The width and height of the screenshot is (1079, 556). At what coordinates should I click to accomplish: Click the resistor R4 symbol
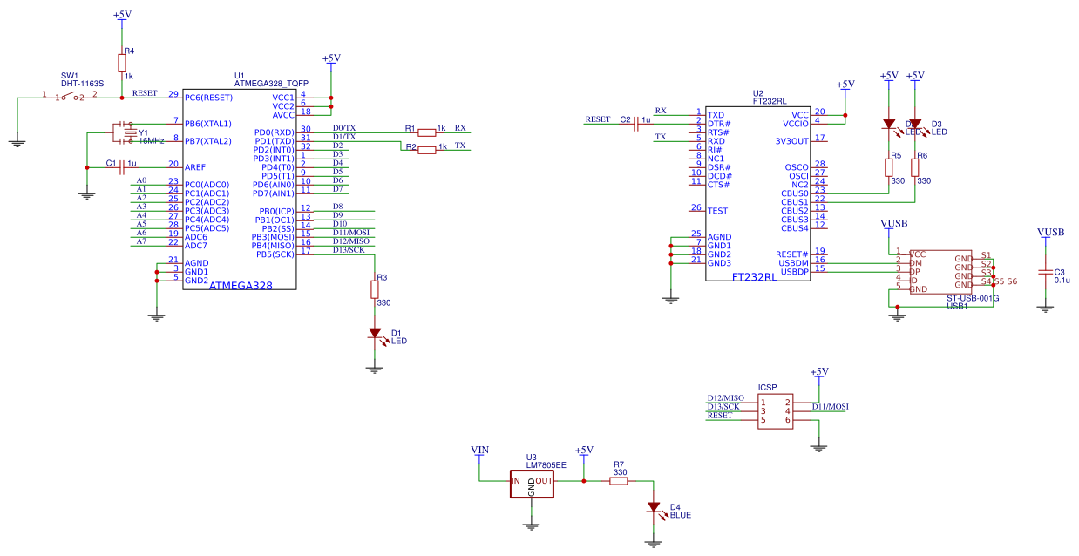[x=122, y=62]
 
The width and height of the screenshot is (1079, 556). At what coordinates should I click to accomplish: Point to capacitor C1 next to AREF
[x=122, y=166]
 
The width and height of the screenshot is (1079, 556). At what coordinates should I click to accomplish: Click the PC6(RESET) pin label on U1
[x=208, y=97]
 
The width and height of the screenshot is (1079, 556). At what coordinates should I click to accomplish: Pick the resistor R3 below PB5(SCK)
[x=375, y=288]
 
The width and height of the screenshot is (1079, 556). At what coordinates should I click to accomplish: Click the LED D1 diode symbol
[x=375, y=333]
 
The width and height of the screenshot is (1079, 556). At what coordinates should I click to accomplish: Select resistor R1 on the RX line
[x=426, y=132]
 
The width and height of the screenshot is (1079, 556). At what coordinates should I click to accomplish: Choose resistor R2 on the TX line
[x=426, y=150]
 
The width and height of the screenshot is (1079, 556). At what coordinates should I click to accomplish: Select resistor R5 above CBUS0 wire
[x=888, y=166]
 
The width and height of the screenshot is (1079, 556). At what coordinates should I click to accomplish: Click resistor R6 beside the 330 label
[x=914, y=166]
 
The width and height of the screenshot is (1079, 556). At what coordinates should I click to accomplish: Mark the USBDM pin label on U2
[x=794, y=262]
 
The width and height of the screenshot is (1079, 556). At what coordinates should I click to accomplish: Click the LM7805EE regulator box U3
[x=532, y=485]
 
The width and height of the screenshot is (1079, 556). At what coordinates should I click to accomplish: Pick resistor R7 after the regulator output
[x=619, y=480]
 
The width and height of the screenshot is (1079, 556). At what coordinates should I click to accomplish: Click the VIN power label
[x=479, y=450]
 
